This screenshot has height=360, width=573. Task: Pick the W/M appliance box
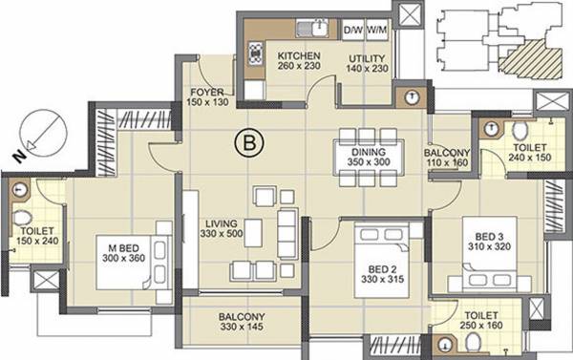pos(375,31)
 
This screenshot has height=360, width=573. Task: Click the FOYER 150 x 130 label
pos(207,97)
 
